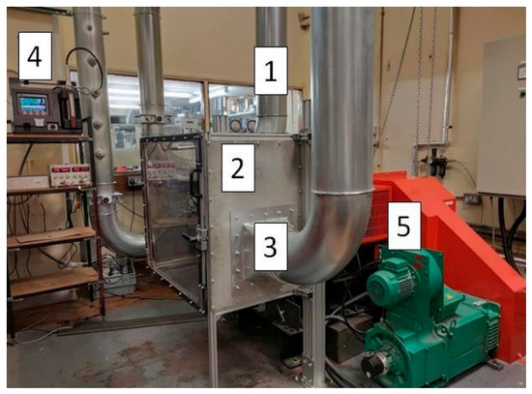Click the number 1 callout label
(271, 71)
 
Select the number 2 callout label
(238, 167)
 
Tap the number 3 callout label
(271, 247)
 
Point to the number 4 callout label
(35, 56)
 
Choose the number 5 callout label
(404, 226)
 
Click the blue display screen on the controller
(33, 103)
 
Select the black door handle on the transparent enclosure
(194, 183)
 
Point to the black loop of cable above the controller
(85, 70)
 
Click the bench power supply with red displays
(70, 174)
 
